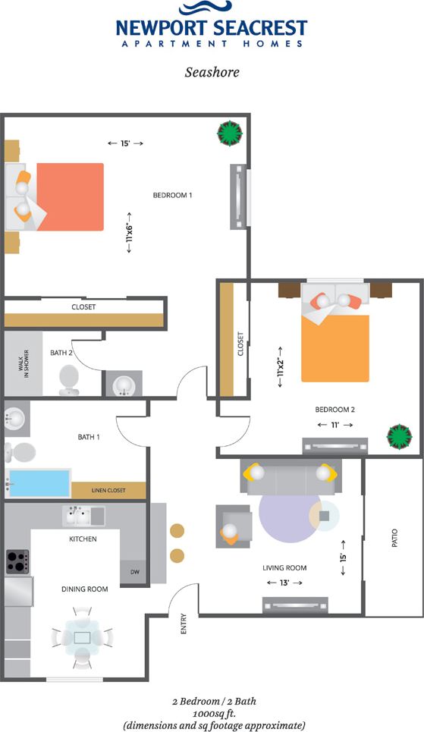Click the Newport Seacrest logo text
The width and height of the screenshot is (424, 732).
[x=212, y=29]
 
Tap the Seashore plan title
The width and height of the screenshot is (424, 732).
[x=212, y=73]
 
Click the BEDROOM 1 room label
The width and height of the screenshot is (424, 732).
[x=173, y=196]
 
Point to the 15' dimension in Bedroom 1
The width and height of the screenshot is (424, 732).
[x=125, y=143]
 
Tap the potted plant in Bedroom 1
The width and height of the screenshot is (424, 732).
[x=230, y=134]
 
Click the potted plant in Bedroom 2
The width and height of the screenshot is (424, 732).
[x=400, y=438]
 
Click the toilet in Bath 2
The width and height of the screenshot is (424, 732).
[x=69, y=379]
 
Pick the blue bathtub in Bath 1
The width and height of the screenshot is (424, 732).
[x=38, y=483]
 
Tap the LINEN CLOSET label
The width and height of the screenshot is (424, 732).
[x=108, y=491]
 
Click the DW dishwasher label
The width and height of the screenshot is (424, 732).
[x=135, y=572]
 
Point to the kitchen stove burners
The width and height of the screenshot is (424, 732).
[x=17, y=561]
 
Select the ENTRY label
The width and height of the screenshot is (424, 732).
[x=184, y=624]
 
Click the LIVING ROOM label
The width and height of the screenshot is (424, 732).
[x=284, y=567]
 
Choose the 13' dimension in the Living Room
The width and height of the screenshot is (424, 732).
[x=284, y=583]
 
